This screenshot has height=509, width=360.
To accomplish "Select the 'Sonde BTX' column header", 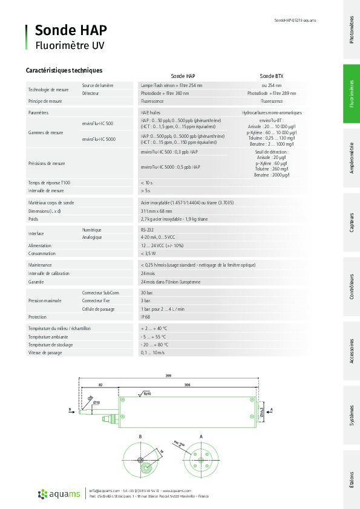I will (x=271, y=77).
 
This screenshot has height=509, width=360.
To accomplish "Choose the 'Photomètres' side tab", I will (x=352, y=30).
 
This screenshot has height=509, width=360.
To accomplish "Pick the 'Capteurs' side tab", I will (x=352, y=222).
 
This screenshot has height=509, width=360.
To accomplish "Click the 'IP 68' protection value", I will (x=146, y=317).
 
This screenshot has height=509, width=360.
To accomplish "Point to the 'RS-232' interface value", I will (x=147, y=230).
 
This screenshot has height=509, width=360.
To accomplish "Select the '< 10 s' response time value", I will (x=146, y=182).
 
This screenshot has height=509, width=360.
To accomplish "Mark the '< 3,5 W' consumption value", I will (x=148, y=253).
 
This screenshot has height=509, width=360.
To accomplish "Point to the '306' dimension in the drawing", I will (x=188, y=384).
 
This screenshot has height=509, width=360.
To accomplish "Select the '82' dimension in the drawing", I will (x=100, y=384).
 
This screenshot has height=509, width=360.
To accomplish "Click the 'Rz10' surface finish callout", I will (x=147, y=394).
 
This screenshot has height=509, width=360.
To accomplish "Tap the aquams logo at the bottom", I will (x=60, y=494).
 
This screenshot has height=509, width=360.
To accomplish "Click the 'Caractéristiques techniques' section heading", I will (x=64, y=71).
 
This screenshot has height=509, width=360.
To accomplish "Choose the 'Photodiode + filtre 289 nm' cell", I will (x=272, y=94).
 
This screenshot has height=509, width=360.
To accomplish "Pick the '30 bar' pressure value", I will (x=146, y=293).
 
